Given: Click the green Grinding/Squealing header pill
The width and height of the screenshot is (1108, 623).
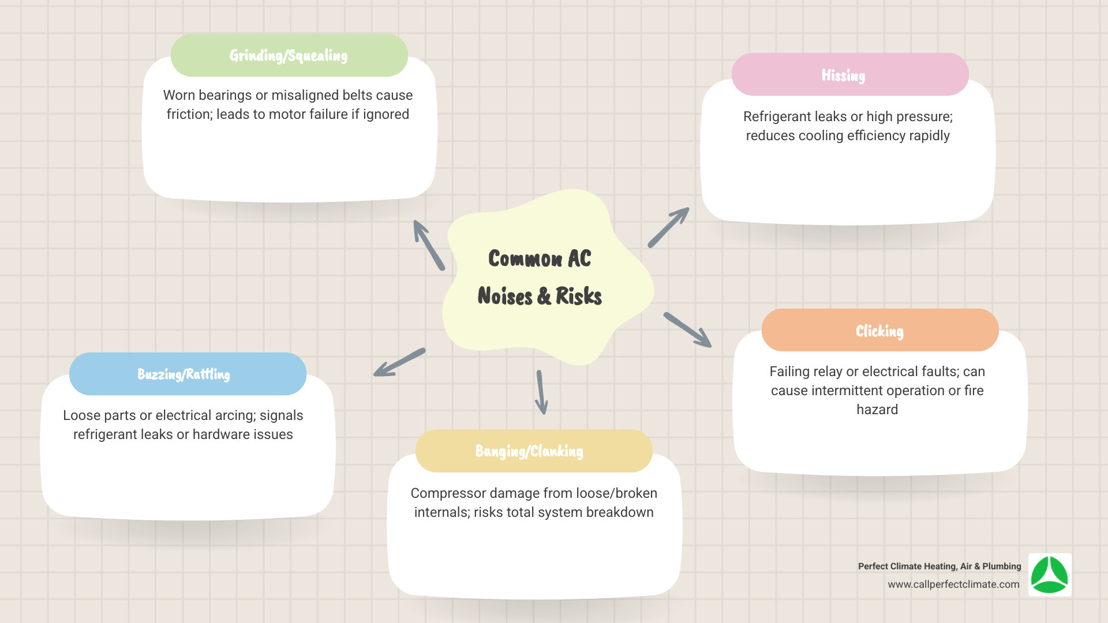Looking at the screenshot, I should tap(289, 55).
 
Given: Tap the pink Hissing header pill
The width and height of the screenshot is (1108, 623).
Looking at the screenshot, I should tap(849, 75).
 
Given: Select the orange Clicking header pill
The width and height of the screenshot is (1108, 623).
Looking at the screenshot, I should tap(879, 331).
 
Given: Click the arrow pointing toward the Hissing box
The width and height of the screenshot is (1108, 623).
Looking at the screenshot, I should tap(668, 228).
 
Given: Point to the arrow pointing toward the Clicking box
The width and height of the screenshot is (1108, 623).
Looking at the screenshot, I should tap(687, 330).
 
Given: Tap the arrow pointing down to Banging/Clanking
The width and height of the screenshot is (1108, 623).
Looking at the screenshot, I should tap(541, 392).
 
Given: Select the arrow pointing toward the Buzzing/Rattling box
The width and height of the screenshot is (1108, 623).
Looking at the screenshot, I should tap(399, 362).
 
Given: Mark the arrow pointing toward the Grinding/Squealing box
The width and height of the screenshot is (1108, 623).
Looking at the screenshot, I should tap(429, 245).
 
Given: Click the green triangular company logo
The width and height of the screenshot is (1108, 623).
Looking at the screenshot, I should tap(1050, 575).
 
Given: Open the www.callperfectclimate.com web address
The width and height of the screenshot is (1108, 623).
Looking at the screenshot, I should tap(953, 584).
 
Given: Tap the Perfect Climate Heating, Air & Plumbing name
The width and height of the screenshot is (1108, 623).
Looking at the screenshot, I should tap(939, 566).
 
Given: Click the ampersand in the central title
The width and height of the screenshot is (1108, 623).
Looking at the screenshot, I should tap(544, 297).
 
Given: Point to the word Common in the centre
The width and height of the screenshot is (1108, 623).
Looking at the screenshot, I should tap(525, 258).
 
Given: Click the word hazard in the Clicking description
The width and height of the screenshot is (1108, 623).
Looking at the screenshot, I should tap(877, 410).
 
